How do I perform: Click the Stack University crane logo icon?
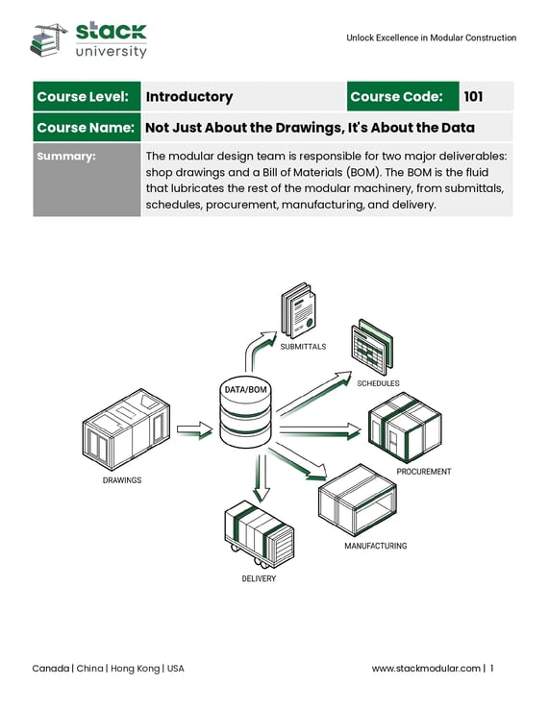[48, 39]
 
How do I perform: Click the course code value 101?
[473, 96]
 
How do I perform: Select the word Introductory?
[189, 97]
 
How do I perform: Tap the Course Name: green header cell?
[87, 128]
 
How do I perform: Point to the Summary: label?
[66, 156]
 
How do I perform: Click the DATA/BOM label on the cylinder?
[246, 389]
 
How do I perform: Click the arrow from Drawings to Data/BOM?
[194, 429]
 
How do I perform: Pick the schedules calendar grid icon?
[371, 347]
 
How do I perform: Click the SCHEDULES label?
[379, 383]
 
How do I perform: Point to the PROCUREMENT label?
[424, 472]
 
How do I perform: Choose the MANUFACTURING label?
[376, 546]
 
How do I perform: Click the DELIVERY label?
[259, 578]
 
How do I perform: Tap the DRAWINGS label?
[122, 480]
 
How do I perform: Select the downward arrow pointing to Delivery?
[262, 478]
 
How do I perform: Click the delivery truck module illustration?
[259, 533]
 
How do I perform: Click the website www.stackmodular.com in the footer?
[426, 669]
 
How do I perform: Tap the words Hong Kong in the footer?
[135, 669]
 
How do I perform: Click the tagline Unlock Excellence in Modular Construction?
[432, 38]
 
